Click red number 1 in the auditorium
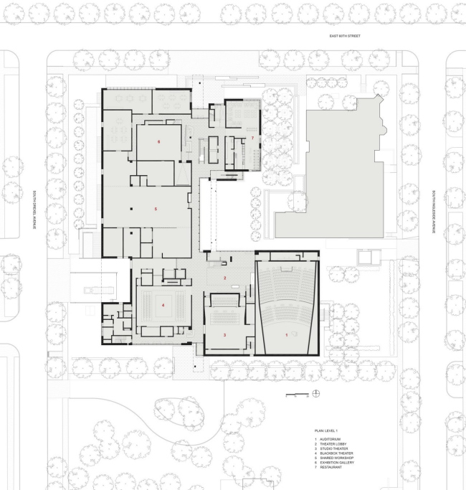tap(287, 335)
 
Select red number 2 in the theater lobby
tap(224, 278)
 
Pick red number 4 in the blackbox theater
tap(163, 306)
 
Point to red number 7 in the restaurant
tap(252, 136)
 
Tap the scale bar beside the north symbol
tap(296, 394)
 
